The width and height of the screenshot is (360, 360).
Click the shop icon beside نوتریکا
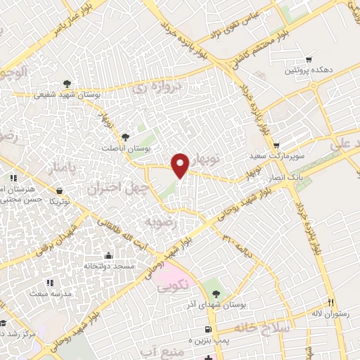pos(60,191)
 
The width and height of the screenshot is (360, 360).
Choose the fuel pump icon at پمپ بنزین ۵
pos(207,330)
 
